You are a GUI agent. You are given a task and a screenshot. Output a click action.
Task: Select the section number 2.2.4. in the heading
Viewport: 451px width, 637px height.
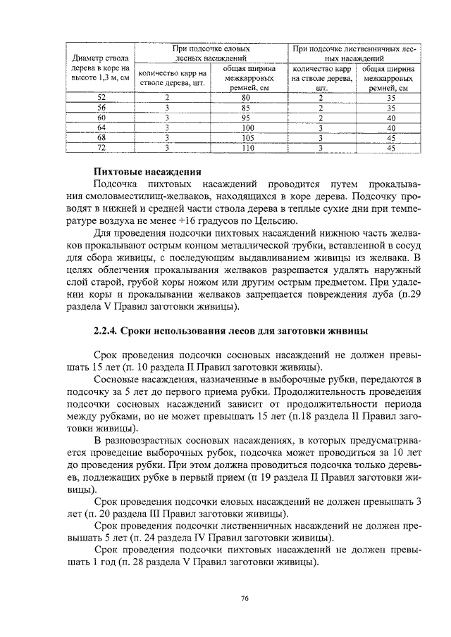(107, 331)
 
